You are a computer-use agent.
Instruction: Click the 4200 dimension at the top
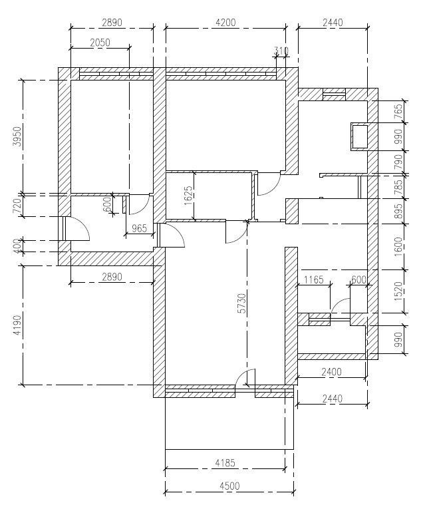tap(226, 23)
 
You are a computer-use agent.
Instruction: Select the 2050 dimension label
tap(100, 43)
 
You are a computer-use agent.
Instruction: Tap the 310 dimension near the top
tap(281, 51)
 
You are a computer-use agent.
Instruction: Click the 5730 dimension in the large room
tap(241, 303)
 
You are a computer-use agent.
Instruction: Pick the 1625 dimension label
tap(189, 196)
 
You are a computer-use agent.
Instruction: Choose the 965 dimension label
tap(140, 228)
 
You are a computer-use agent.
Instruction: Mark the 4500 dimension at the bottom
tap(229, 486)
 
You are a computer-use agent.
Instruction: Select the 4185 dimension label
tap(225, 463)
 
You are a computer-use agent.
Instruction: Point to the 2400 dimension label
tap(331, 372)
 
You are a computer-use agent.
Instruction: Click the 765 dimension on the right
tap(398, 112)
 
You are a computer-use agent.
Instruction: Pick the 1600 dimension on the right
tap(398, 247)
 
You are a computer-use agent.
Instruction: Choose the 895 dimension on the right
tap(398, 211)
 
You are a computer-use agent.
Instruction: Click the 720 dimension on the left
tap(17, 206)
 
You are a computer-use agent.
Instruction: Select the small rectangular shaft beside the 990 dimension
tap(360, 136)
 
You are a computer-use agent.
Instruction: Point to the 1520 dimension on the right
tap(398, 291)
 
